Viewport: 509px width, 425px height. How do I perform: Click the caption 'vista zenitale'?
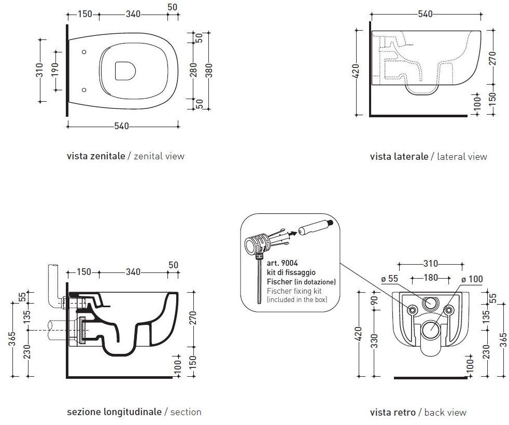click(96, 156)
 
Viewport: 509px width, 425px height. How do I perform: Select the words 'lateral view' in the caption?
click(462, 156)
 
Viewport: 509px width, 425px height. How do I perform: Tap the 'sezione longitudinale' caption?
click(114, 412)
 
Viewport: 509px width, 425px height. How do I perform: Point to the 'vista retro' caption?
click(392, 413)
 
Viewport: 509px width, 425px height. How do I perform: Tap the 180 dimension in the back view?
click(431, 278)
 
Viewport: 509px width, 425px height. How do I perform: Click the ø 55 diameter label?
click(390, 279)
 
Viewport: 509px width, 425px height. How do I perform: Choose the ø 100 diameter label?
click(472, 279)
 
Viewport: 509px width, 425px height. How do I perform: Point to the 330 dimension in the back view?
click(374, 341)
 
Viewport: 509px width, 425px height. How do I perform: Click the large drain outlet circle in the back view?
click(430, 328)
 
